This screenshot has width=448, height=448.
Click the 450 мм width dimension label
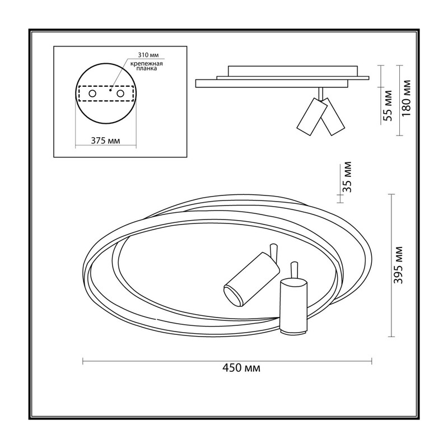241,368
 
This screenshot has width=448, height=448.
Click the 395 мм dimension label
398,265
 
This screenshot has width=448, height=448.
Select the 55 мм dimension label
387,106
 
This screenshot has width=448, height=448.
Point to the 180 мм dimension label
405,98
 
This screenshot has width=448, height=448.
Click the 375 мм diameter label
105,141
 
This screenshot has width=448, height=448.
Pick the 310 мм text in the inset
148,55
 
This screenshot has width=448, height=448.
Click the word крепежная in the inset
147,64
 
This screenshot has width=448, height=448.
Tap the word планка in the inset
147,68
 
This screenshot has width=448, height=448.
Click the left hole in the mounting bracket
92,94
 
